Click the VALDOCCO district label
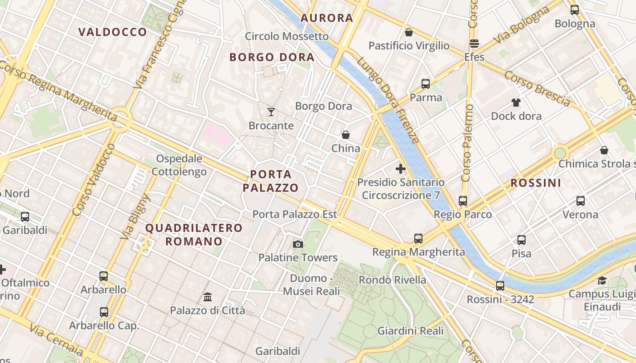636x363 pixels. click(x=113, y=32)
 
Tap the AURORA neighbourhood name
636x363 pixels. click(x=327, y=18)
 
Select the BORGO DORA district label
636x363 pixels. click(x=272, y=57)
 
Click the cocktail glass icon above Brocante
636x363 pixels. click(x=271, y=112)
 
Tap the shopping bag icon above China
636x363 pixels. click(x=346, y=135)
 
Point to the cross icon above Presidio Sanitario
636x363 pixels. click(x=401, y=169)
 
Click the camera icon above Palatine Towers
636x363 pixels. click(x=298, y=245)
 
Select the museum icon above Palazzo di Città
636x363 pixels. click(x=208, y=297)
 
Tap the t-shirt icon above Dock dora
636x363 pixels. click(x=516, y=103)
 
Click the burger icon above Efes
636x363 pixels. click(x=474, y=44)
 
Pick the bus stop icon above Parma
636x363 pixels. click(x=426, y=84)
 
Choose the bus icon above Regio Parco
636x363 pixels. click(x=463, y=201)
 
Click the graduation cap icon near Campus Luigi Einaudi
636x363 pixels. click(x=602, y=280)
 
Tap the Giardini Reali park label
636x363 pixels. click(x=411, y=331)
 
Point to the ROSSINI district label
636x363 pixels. click(x=536, y=183)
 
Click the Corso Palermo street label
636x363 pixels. click(x=467, y=143)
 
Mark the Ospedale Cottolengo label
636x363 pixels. click(x=179, y=165)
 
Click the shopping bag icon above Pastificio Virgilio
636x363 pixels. click(x=409, y=32)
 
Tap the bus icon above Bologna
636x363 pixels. click(x=575, y=10)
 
